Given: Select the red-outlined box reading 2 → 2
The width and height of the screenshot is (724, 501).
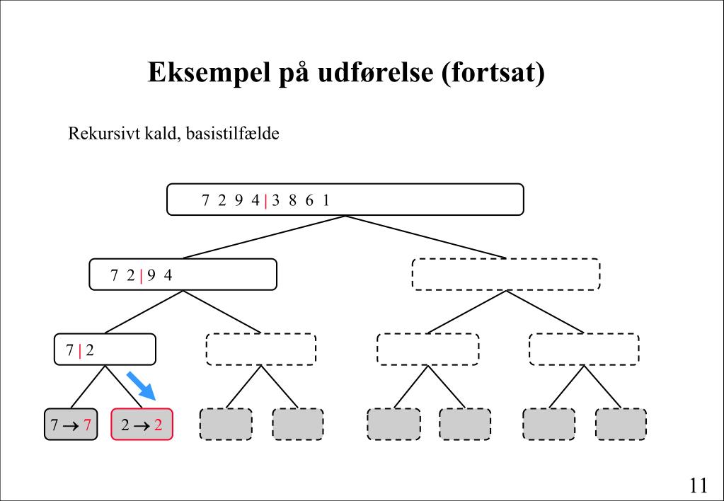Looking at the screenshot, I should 142,425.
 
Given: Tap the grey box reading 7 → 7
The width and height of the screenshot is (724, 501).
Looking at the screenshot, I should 71,425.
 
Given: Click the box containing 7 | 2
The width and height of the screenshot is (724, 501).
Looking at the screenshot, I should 105,350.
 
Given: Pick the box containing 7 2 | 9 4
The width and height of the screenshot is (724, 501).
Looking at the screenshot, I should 183,275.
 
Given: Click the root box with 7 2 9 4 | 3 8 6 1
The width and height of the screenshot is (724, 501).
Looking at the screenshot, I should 345,200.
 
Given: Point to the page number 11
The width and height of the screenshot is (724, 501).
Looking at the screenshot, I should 698,485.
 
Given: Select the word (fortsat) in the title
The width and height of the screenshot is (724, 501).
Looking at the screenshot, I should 493,73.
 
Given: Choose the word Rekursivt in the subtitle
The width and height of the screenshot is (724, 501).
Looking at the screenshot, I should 96,134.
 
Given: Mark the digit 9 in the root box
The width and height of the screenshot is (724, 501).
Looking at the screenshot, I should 239,200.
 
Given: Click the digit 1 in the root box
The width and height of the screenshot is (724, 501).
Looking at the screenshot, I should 326,200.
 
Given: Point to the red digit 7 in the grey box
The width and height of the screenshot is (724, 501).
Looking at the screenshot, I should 87,425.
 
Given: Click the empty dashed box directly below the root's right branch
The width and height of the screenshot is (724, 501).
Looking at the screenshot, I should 505,275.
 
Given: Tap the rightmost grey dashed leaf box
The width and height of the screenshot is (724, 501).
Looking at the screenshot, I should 621,425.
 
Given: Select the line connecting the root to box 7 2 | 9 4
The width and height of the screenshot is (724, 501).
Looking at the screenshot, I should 264,236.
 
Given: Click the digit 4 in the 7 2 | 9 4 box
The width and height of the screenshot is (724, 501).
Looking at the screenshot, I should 168,275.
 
